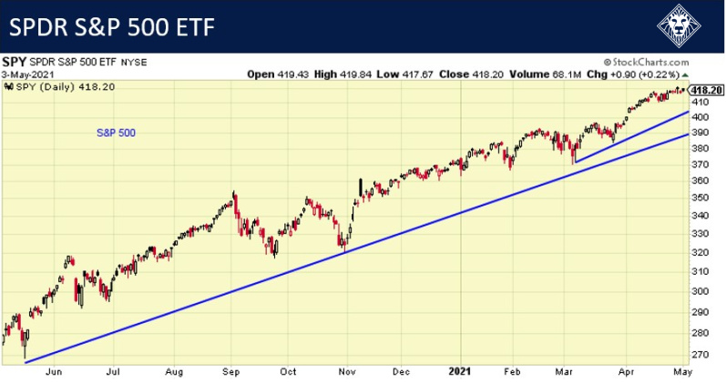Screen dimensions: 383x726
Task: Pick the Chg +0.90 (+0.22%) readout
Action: pos(632,73)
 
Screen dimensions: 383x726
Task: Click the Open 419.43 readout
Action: pos(273,73)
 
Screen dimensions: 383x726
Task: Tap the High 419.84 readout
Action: pos(336,73)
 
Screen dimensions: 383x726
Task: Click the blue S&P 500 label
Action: pos(116,133)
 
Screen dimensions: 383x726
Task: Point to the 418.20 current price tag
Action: pos(707,90)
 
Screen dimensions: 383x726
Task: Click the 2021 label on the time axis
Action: pos(460,371)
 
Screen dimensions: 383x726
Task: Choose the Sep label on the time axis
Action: pos(232,371)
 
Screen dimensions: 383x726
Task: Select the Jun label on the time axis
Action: pos(54,371)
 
